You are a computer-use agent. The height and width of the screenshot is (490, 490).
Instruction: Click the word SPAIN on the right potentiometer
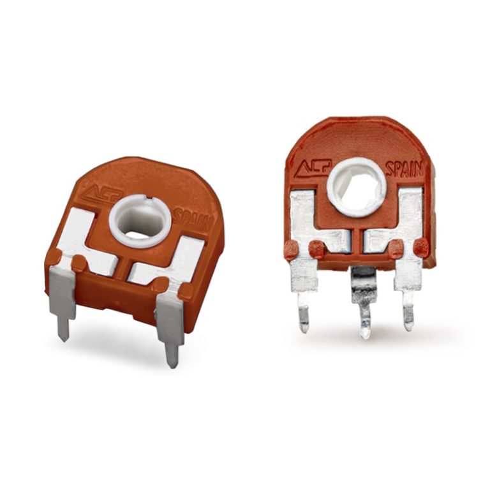point(405,169)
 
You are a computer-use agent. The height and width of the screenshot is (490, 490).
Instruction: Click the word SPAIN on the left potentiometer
point(192,219)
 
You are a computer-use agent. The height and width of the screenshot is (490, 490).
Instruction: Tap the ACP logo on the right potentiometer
point(313,168)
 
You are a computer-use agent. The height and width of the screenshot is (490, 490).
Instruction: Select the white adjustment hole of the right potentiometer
point(357,187)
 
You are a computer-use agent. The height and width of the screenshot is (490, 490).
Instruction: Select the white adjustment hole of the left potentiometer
point(140,221)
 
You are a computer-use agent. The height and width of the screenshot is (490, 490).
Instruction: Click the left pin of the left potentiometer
point(63,303)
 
